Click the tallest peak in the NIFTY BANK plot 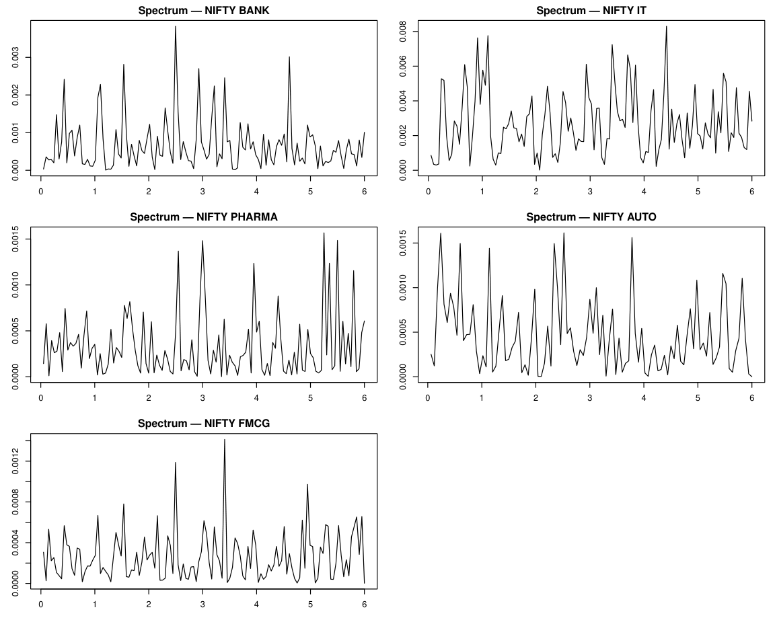pyautogui.click(x=176, y=27)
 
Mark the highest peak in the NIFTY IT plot pyautogui.click(x=666, y=27)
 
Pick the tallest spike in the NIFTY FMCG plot pyautogui.click(x=225, y=440)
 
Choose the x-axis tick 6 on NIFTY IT pyautogui.click(x=751, y=190)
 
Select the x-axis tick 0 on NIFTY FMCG pyautogui.click(x=41, y=603)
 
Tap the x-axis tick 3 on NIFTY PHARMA pyautogui.click(x=202, y=397)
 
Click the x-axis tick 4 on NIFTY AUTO pyautogui.click(x=644, y=397)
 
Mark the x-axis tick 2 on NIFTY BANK pyautogui.click(x=149, y=190)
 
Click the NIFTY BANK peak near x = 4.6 pyautogui.click(x=289, y=57)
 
